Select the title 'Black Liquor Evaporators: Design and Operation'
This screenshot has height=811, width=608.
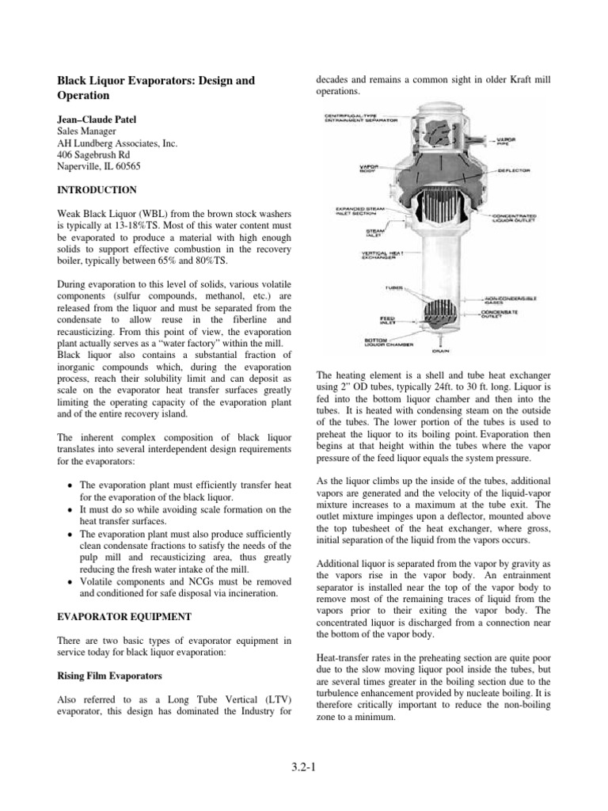154,88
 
